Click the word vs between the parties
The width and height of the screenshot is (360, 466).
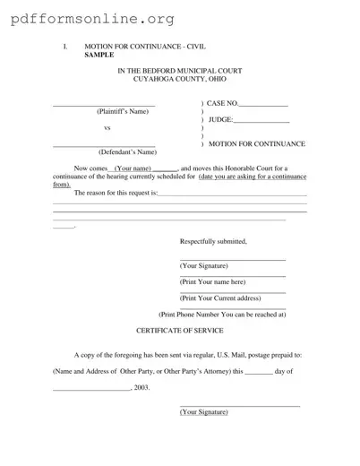point(108,127)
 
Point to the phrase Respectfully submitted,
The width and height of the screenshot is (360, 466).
point(213,242)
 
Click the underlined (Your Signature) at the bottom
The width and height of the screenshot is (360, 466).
point(203,411)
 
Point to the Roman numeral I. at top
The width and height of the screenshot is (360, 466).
point(64,46)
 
